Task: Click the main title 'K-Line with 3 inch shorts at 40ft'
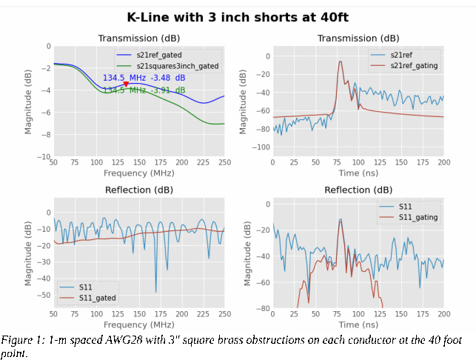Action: click(238, 17)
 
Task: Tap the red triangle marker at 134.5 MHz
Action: click(126, 84)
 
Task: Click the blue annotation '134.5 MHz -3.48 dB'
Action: click(144, 78)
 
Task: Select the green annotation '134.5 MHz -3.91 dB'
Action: click(144, 90)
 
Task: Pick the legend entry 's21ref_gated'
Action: click(159, 55)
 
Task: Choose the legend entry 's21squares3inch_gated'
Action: click(178, 66)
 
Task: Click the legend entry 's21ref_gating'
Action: click(414, 66)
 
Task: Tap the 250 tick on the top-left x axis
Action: click(224, 162)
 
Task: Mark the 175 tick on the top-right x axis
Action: click(423, 162)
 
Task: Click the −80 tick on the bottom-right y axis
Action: click(261, 308)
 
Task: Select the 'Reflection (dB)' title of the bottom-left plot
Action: click(138, 190)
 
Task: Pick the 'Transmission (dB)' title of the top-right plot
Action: click(358, 39)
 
